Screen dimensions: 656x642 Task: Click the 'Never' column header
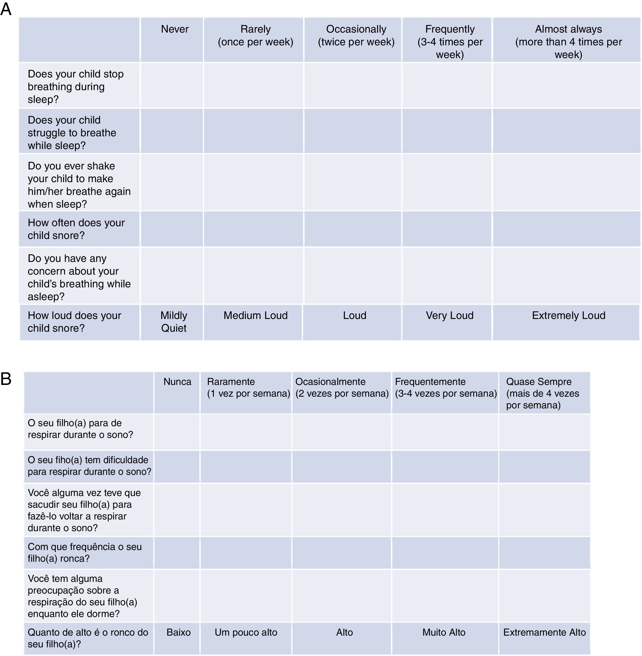click(174, 29)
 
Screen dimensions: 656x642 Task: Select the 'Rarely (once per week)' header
click(255, 35)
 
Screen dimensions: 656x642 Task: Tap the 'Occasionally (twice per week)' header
click(356, 35)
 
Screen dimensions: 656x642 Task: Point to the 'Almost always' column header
click(568, 42)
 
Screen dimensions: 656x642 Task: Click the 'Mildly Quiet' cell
click(174, 322)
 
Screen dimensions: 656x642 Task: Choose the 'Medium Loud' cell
click(255, 315)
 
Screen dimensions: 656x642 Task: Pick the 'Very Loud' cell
click(449, 315)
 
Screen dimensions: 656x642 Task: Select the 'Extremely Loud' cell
click(568, 315)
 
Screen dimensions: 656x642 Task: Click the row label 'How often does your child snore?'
click(76, 229)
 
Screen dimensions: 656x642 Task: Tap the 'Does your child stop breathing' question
click(76, 87)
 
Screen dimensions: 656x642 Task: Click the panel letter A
click(6, 9)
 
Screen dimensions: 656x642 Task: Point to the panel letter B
click(6, 379)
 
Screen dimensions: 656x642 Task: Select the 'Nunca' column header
click(177, 382)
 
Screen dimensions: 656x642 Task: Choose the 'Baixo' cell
click(178, 632)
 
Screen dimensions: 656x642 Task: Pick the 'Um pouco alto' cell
click(246, 632)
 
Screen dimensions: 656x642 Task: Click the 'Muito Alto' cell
click(444, 632)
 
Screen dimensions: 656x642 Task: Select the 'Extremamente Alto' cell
click(544, 632)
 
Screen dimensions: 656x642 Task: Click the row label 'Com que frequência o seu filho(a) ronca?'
click(85, 553)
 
